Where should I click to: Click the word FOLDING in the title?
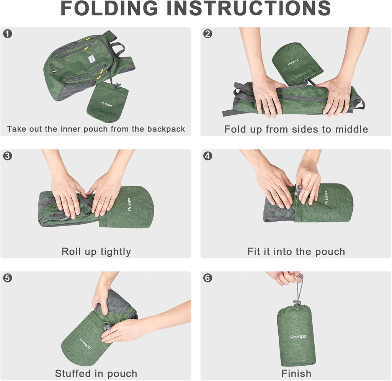coord(109,8)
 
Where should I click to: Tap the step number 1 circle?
coord(8,34)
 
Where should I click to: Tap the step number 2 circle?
coord(208,34)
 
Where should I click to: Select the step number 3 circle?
coord(8,156)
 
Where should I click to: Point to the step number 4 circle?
coord(208,156)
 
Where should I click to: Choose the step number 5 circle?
coord(8,278)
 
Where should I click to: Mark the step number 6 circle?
coord(208,278)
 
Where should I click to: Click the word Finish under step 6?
coord(296,373)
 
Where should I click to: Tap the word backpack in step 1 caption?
coord(166,129)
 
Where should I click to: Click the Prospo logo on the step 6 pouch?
coord(298,337)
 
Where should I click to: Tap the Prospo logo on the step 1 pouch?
coord(107,104)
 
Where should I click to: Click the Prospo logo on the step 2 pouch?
coord(294,62)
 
